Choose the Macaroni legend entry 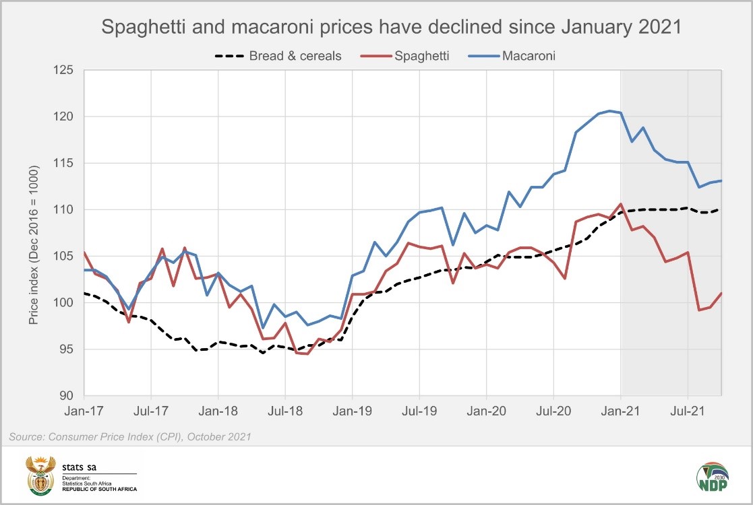tap(529, 56)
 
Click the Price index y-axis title tap(34, 245)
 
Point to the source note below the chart tap(130, 437)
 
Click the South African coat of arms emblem tap(40, 475)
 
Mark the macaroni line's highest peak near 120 tap(609, 110)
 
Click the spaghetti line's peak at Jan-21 tap(620, 203)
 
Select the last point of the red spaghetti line tap(721, 293)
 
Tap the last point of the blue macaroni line tap(721, 180)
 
